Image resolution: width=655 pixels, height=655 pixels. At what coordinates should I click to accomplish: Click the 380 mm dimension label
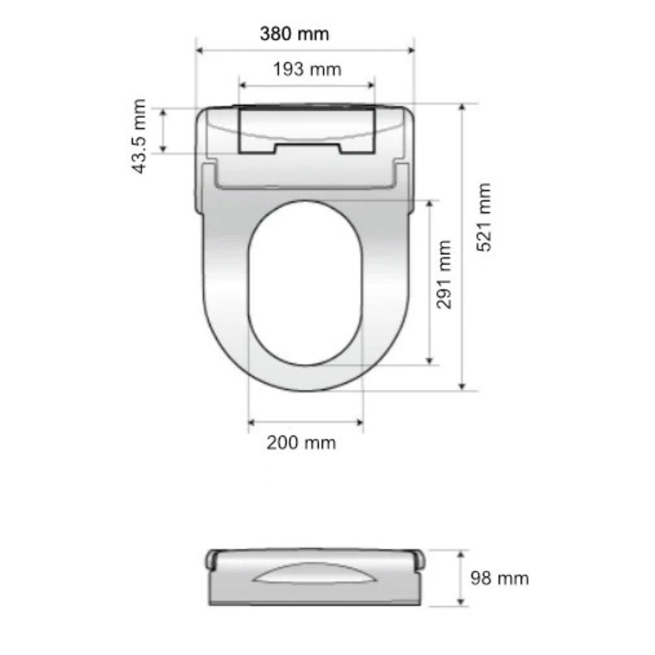coord(294,34)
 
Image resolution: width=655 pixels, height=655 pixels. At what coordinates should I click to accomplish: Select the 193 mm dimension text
coord(307,70)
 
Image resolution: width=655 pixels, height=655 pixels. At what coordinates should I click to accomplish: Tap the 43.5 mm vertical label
coord(139,136)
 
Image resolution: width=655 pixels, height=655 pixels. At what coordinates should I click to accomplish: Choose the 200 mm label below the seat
coord(301,443)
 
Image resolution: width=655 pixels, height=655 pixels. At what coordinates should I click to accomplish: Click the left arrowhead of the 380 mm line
coord(199,51)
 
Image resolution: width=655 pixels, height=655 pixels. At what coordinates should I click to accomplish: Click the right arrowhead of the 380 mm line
coord(412,51)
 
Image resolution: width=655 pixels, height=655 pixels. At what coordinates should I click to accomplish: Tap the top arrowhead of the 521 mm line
coord(462,107)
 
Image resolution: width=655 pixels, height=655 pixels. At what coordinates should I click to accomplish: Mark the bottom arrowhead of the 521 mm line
coord(462,387)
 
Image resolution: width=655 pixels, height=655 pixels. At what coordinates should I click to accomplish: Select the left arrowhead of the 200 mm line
coord(252,422)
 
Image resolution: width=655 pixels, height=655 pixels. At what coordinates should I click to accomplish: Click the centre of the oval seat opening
coord(305,283)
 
